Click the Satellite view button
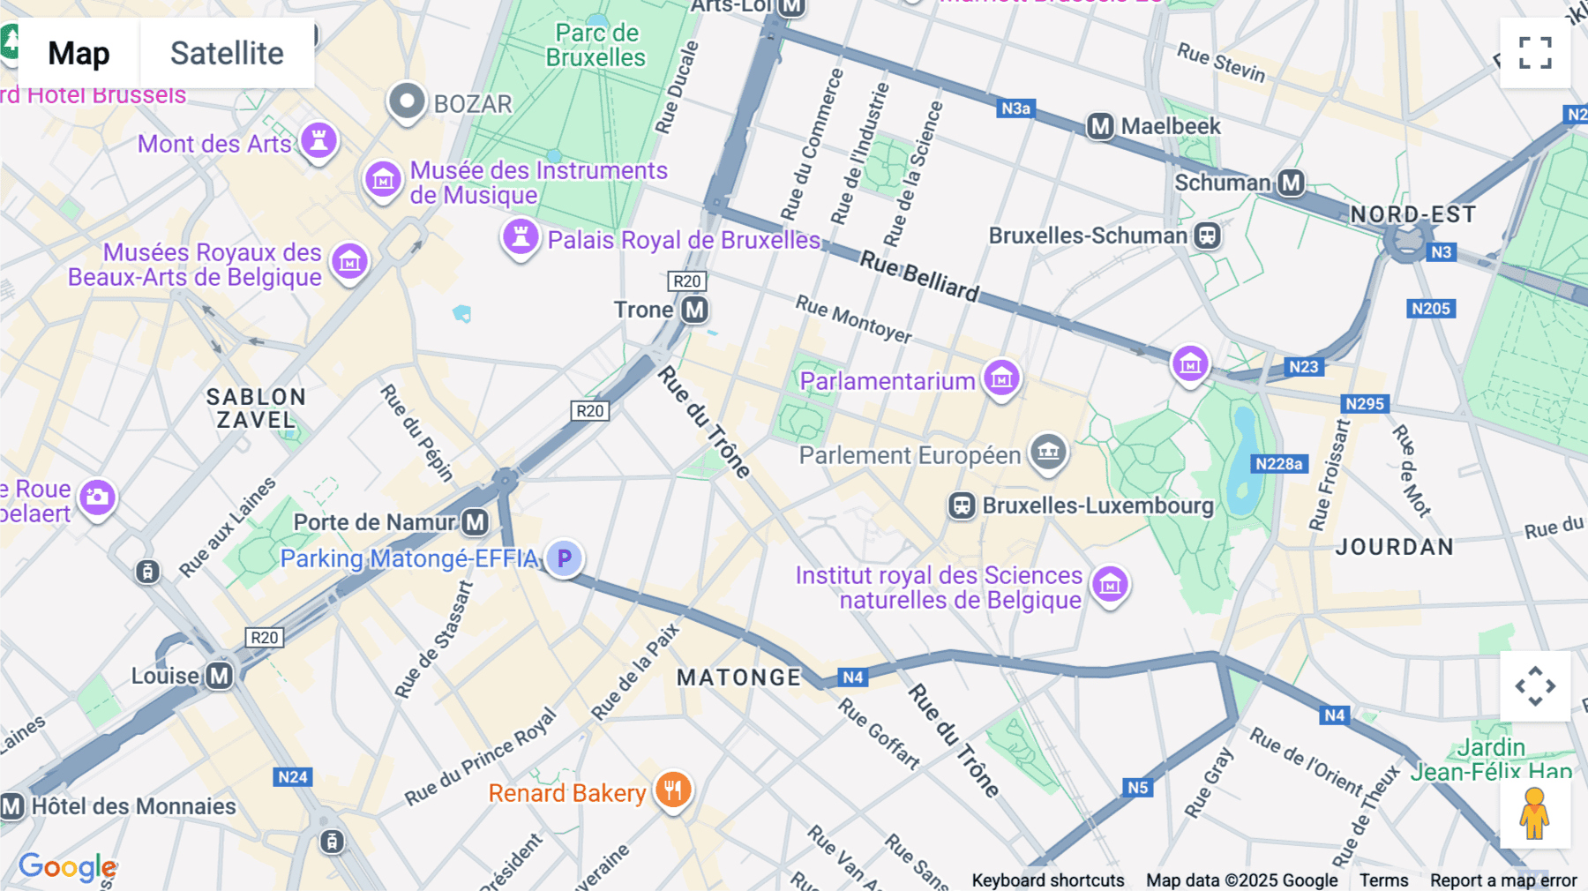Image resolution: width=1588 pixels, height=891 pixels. (x=227, y=54)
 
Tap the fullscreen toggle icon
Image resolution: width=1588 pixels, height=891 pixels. (x=1535, y=53)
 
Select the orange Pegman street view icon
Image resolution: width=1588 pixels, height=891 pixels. (x=1534, y=813)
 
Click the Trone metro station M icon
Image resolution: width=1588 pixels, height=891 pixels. (x=695, y=310)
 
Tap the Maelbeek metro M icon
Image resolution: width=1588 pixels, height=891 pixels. (x=1100, y=126)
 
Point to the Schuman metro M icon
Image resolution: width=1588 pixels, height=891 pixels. (x=1292, y=183)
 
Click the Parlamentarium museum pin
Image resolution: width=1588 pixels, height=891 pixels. (x=1001, y=378)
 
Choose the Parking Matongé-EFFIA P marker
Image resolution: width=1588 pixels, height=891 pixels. (x=564, y=558)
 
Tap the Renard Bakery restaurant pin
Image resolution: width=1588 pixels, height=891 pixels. (x=673, y=790)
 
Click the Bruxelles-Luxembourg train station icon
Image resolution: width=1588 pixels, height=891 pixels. (x=962, y=505)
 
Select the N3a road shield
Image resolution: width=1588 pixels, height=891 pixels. (x=1015, y=109)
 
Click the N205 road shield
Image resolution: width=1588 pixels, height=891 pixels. (x=1430, y=309)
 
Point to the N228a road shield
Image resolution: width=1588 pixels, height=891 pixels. (x=1278, y=464)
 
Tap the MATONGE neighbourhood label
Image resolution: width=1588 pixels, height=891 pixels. (x=738, y=678)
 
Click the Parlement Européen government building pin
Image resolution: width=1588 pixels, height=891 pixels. (x=1048, y=452)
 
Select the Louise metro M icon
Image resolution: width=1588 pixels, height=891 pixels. (x=219, y=676)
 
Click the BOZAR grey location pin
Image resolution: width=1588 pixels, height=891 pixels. (x=407, y=102)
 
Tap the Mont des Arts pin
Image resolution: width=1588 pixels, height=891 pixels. (x=318, y=140)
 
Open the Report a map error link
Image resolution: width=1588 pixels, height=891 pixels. (x=1502, y=880)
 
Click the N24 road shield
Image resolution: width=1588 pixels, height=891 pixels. (x=292, y=777)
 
